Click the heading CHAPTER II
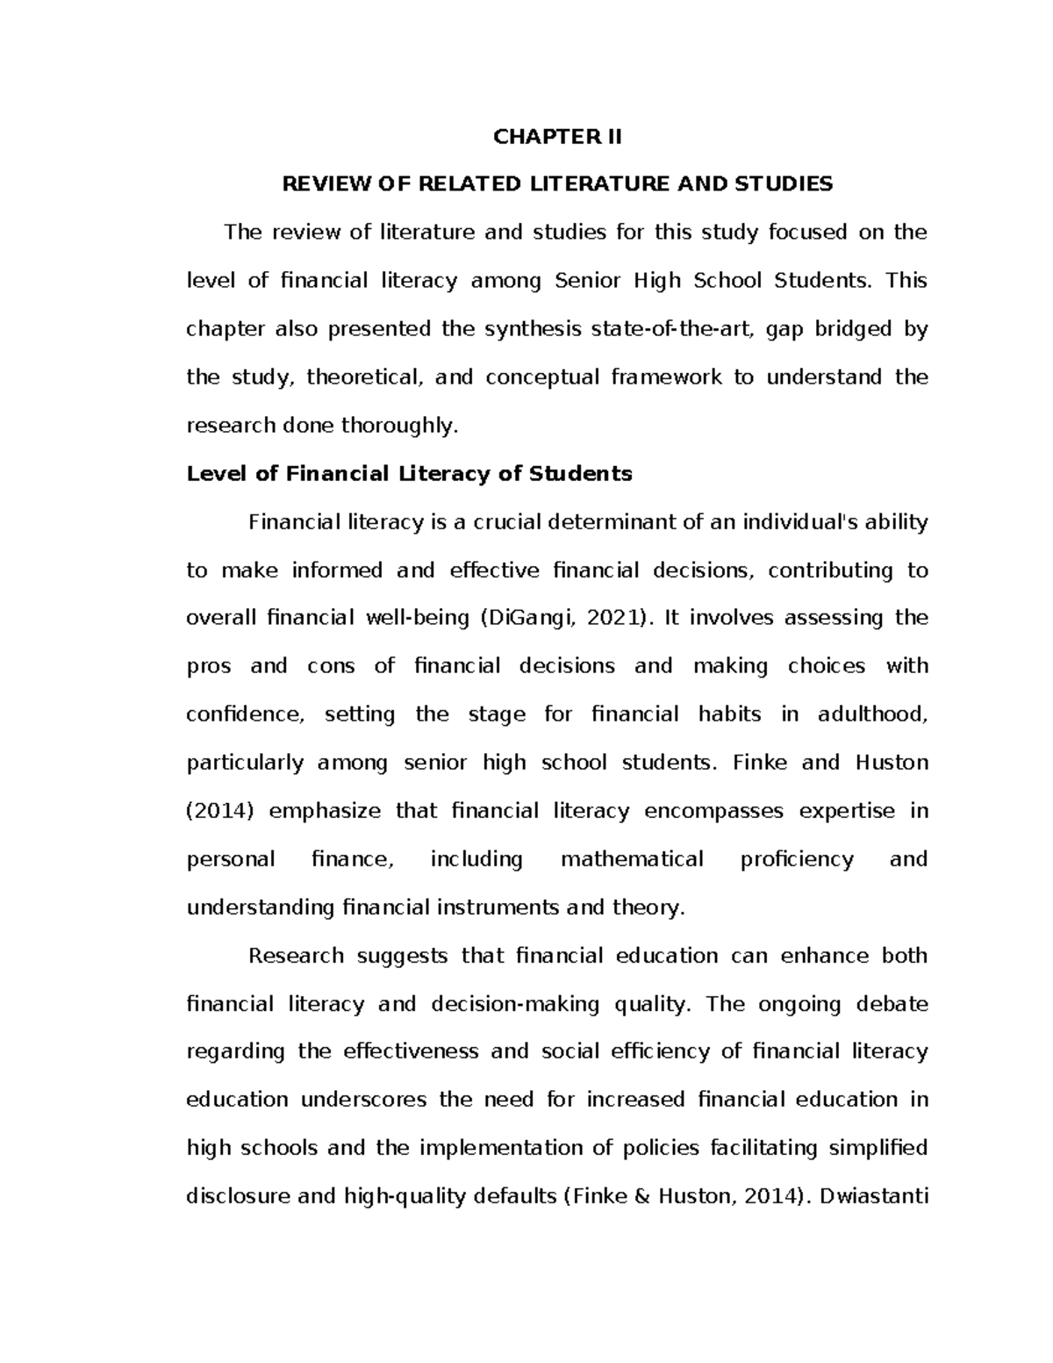pos(556,137)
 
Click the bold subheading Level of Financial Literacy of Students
pos(409,474)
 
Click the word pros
pos(209,666)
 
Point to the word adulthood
pos(871,714)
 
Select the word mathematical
pos(632,859)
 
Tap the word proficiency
pos(797,859)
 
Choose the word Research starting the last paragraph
pos(296,956)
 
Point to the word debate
pos(892,1004)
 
